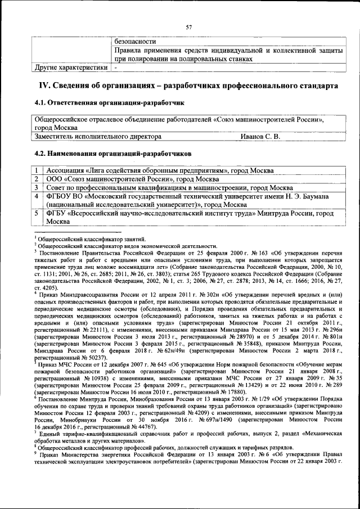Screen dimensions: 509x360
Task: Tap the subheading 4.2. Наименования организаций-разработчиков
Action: point(112,153)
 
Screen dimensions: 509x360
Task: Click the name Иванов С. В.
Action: point(260,136)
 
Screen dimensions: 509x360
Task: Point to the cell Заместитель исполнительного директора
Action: point(98,136)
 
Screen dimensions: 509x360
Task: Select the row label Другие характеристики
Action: point(71,67)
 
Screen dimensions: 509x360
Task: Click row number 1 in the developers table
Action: point(37,170)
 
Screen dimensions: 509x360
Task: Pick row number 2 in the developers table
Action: point(37,179)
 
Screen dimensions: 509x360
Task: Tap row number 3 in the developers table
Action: point(37,187)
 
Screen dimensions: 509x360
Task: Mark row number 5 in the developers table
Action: point(37,214)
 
